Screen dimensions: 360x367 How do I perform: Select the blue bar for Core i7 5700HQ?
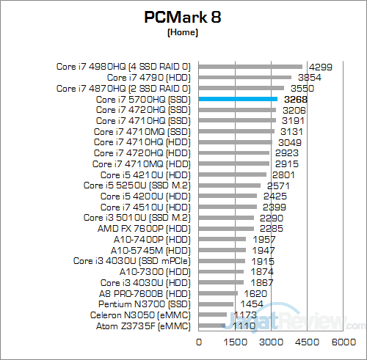click(x=238, y=98)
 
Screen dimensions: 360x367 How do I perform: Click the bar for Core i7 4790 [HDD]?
click(x=245, y=76)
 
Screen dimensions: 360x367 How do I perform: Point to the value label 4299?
click(x=319, y=66)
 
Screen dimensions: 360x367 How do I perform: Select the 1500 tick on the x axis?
click(x=235, y=342)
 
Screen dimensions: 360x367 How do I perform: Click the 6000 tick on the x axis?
click(x=343, y=342)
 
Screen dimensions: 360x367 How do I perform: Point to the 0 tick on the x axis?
click(x=199, y=342)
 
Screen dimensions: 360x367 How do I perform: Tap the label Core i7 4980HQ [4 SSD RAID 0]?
click(x=123, y=66)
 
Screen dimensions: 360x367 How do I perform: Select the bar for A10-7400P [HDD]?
click(x=222, y=239)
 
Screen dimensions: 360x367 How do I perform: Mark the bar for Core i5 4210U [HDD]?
click(x=233, y=175)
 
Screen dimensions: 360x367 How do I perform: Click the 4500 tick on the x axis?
click(x=307, y=342)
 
